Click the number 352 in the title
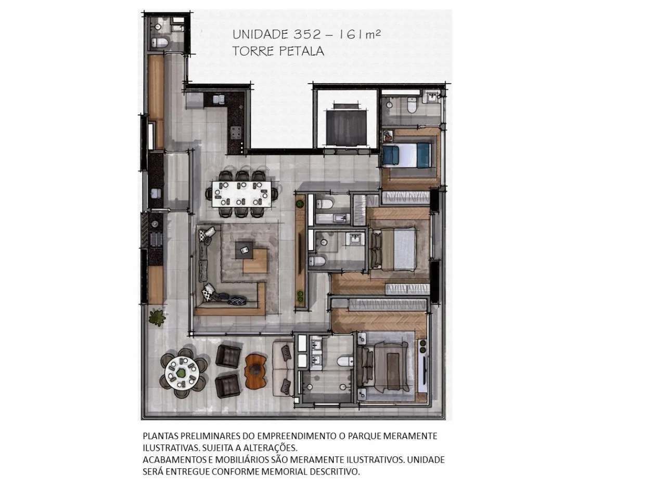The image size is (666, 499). pyautogui.click(x=306, y=34)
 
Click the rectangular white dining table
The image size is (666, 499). pyautogui.click(x=241, y=194)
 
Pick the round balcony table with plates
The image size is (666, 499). pyautogui.click(x=182, y=373)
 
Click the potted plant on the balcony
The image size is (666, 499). pyautogui.click(x=157, y=317)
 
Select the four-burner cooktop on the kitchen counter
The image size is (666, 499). pyautogui.click(x=236, y=133)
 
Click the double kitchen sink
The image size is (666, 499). pyautogui.click(x=219, y=99)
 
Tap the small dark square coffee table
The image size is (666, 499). pyautogui.click(x=244, y=250)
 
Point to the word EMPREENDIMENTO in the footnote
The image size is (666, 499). pyautogui.click(x=297, y=436)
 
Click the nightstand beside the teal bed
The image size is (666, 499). pyautogui.click(x=388, y=136)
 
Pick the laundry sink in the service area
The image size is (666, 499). pyautogui.click(x=156, y=193)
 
